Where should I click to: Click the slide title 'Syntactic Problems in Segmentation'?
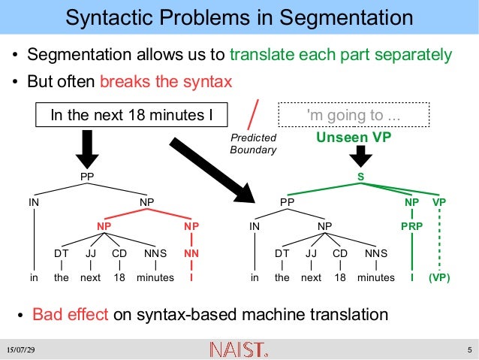[239, 18]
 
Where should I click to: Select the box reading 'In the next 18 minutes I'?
[131, 115]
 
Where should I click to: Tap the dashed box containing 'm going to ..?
[354, 115]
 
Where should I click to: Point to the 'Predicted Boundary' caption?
[254, 144]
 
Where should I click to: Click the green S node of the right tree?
[360, 176]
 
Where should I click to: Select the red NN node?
[191, 253]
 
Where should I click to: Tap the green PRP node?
[411, 225]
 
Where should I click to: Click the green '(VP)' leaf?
[439, 277]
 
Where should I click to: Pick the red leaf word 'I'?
[191, 277]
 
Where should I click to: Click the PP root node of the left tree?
[87, 176]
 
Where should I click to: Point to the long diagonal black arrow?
[213, 170]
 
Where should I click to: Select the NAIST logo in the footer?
[238, 349]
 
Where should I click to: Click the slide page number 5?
[468, 350]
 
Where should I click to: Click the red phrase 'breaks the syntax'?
[166, 81]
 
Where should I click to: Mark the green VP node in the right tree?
[439, 201]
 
